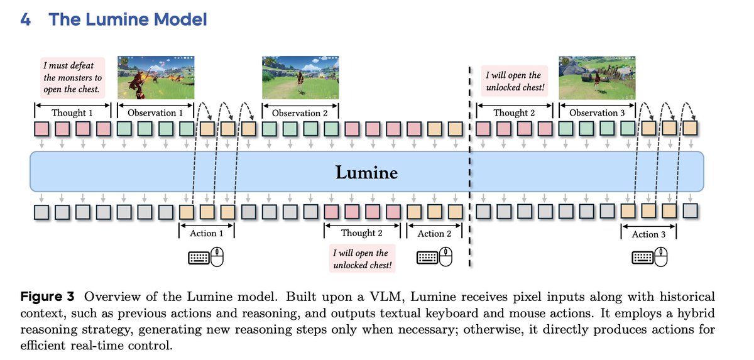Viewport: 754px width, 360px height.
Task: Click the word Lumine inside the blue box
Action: [366, 172]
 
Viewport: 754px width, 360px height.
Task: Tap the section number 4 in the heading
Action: [26, 19]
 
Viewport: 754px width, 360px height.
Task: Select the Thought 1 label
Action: [72, 112]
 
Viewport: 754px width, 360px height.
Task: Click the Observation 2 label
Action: [300, 113]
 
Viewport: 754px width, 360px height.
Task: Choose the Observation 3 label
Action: [597, 112]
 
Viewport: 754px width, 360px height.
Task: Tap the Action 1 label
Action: [207, 233]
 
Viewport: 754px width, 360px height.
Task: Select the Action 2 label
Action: [435, 233]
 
